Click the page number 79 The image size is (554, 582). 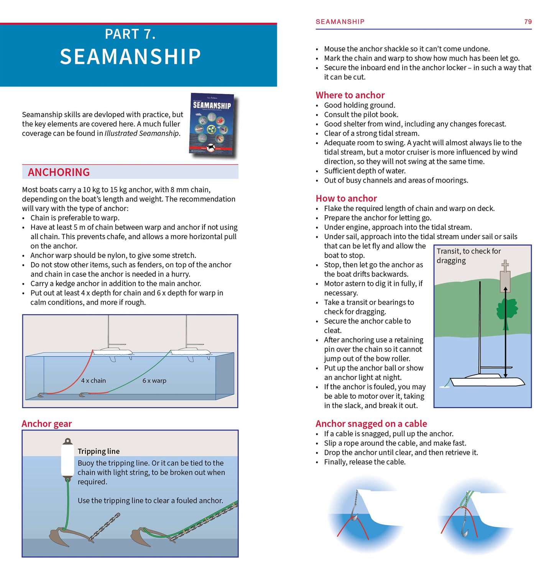pyautogui.click(x=528, y=22)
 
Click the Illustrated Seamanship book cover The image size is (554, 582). pyautogui.click(x=212, y=125)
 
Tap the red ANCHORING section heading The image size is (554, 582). pyautogui.click(x=59, y=172)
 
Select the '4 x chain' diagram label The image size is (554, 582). pyautogui.click(x=93, y=381)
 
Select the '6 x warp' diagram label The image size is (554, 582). pyautogui.click(x=154, y=381)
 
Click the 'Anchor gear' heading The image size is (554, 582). pyautogui.click(x=47, y=424)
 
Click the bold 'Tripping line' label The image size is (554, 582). pyautogui.click(x=99, y=451)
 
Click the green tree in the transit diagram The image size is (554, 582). pyautogui.click(x=506, y=311)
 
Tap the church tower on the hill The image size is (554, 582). pyautogui.click(x=505, y=278)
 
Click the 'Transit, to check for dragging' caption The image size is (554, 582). pyautogui.click(x=469, y=256)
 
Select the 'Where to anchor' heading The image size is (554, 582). pyautogui.click(x=350, y=95)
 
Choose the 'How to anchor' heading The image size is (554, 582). pyautogui.click(x=346, y=198)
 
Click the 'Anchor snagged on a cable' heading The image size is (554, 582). pyautogui.click(x=371, y=424)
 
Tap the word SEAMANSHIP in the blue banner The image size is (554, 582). pyautogui.click(x=130, y=57)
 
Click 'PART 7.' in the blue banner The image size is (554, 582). pyautogui.click(x=130, y=34)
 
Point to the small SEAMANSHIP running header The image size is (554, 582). pyautogui.click(x=340, y=22)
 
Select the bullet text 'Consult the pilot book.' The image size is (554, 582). pyautogui.click(x=361, y=114)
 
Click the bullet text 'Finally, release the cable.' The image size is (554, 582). pyautogui.click(x=365, y=462)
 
